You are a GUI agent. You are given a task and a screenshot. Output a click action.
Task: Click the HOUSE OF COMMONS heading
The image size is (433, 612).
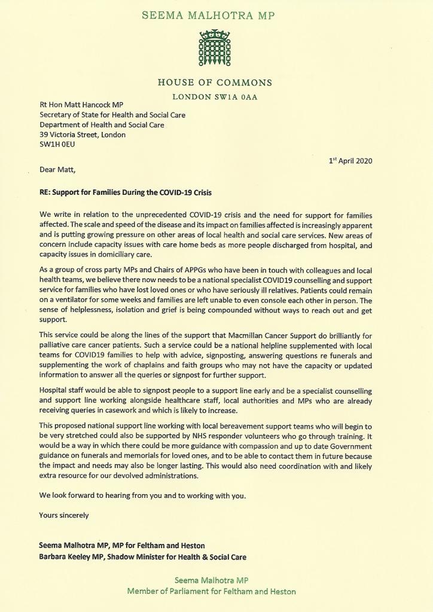pyautogui.click(x=215, y=83)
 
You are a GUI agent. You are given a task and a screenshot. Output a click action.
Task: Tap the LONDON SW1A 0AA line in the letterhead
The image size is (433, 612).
pyautogui.click(x=215, y=97)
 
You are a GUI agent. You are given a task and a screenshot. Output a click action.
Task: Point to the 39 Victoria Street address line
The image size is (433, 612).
pyautogui.click(x=83, y=135)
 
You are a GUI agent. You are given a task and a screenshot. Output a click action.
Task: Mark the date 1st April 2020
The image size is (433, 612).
pyautogui.click(x=350, y=161)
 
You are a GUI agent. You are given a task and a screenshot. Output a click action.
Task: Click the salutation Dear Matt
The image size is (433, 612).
pyautogui.click(x=59, y=170)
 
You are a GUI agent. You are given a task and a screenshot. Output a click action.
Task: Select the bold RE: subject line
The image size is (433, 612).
pyautogui.click(x=126, y=192)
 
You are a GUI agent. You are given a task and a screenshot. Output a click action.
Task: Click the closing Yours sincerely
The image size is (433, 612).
pyautogui.click(x=64, y=515)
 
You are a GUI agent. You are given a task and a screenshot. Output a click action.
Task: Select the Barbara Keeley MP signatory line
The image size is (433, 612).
pyautogui.click(x=142, y=556)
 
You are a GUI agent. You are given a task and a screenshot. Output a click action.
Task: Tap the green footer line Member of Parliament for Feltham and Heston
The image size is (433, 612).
pyautogui.click(x=211, y=592)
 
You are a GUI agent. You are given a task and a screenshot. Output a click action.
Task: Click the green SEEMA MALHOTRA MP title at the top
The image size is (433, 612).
pyautogui.click(x=215, y=15)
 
